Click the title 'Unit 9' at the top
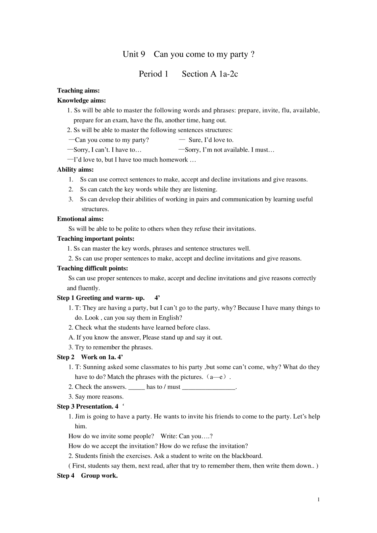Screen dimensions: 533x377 pos(134,54)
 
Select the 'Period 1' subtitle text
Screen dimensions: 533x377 pos(154,74)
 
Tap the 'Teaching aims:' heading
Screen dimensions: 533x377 pos(78,91)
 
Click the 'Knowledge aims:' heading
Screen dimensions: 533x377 pos(81,101)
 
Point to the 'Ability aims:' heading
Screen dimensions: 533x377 pos(75,170)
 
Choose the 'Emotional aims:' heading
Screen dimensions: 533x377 pos(80,219)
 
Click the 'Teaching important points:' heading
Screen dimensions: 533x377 pos(96,239)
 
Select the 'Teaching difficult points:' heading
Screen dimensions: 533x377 pos(92,268)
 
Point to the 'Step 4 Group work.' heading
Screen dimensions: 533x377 pos(87,476)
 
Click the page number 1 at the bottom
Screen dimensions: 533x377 pos(318,499)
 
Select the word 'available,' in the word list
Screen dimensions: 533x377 pos(306,111)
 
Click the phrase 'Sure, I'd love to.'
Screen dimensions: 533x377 pos(211,140)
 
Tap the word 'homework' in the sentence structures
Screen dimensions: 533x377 pos(174,160)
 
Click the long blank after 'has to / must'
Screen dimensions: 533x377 pos(209,387)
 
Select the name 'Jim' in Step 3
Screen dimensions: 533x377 pos(80,417)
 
